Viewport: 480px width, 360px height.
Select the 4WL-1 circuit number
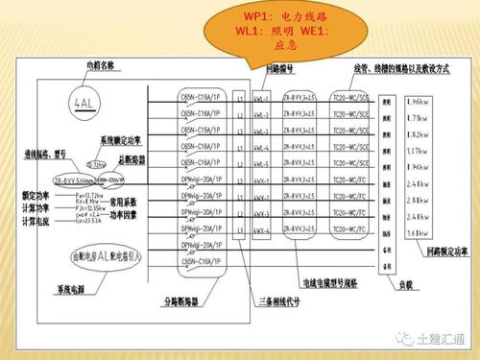(x=260, y=99)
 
